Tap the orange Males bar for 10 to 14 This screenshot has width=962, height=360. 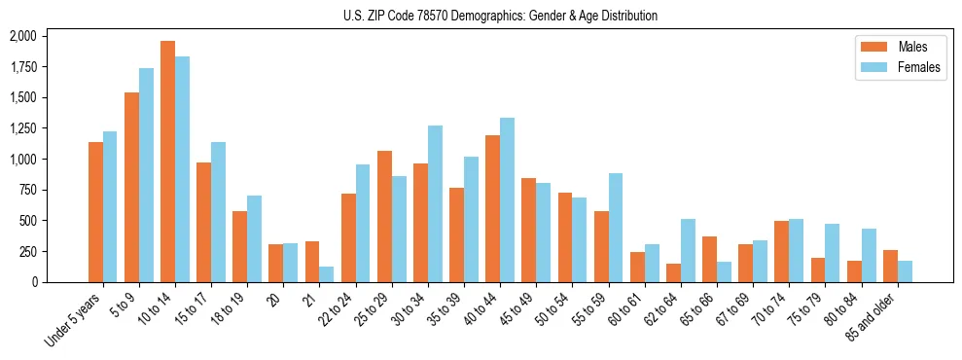167,162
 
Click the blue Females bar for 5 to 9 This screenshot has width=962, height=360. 146,175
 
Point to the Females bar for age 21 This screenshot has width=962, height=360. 326,274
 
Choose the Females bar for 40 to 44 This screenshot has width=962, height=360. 507,200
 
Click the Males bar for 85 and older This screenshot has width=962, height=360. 889,267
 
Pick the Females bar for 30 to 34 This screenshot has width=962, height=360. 435,203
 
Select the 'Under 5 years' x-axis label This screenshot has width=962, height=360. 74,320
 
